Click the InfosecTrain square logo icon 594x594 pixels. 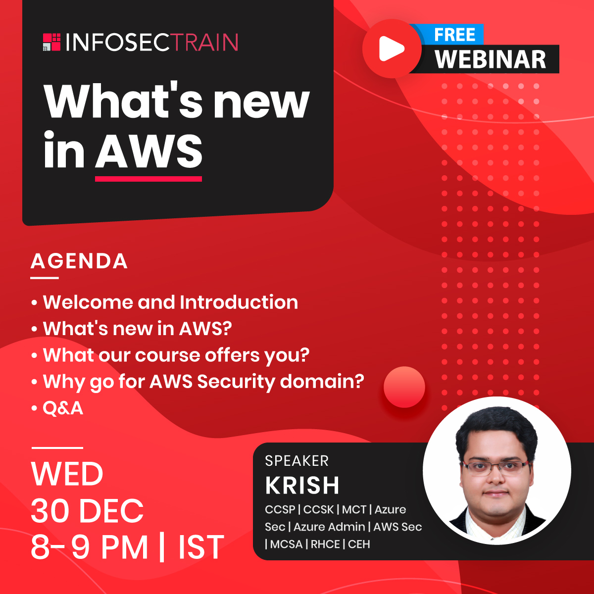tap(51, 42)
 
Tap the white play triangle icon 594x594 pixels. tap(391, 49)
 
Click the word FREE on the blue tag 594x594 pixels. tap(454, 35)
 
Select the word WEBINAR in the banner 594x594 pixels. tap(490, 59)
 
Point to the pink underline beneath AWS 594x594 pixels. tap(148, 179)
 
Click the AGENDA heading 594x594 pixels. tap(79, 261)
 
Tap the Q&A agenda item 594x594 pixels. tap(63, 408)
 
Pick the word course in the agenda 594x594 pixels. tap(168, 355)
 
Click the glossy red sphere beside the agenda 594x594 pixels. tap(404, 387)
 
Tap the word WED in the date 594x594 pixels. tap(67, 474)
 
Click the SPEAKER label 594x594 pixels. tap(297, 461)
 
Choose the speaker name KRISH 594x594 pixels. tap(302, 485)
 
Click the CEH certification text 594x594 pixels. tap(359, 544)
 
